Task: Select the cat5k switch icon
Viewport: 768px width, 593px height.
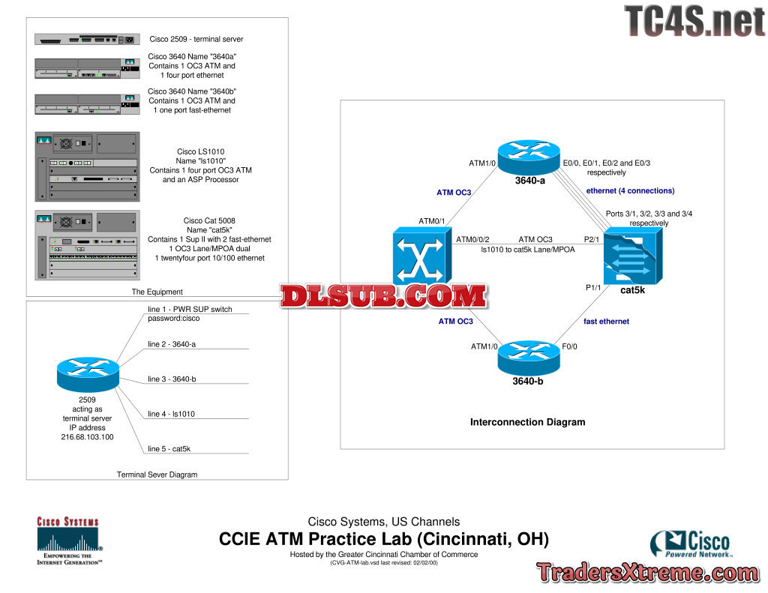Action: (633, 256)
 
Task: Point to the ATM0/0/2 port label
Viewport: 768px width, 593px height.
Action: (472, 240)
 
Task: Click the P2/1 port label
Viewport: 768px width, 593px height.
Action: (591, 240)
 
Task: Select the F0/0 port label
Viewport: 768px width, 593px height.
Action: (570, 346)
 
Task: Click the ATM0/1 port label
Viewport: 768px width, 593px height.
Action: (432, 220)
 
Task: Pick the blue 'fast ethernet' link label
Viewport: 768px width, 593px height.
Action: (606, 322)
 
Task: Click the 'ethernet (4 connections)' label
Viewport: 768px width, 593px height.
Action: (630, 191)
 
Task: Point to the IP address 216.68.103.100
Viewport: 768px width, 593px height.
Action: (87, 436)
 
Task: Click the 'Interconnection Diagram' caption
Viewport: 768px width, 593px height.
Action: (527, 422)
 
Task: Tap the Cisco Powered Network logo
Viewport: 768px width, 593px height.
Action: (690, 544)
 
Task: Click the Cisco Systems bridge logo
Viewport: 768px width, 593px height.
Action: (68, 541)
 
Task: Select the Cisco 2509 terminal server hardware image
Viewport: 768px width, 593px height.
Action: (87, 39)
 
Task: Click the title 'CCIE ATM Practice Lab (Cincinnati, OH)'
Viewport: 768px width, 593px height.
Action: (383, 539)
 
